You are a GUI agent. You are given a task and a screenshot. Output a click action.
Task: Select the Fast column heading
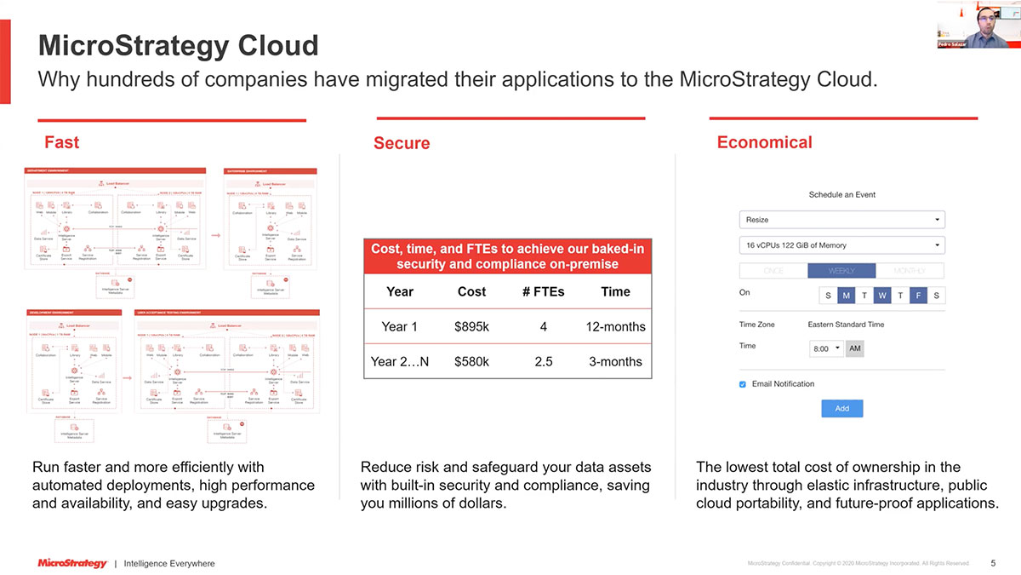point(61,142)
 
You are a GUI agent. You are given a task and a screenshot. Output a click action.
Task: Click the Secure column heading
point(402,143)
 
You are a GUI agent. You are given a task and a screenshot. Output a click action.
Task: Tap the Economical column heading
point(764,142)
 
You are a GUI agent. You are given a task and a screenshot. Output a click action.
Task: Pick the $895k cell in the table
point(471,327)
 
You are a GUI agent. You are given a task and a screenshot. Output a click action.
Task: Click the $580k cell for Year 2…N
point(471,361)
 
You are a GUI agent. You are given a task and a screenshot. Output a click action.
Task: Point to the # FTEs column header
point(544,291)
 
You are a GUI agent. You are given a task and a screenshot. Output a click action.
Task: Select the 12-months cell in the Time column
point(615,327)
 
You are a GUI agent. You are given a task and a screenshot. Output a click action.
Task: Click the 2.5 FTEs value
point(544,361)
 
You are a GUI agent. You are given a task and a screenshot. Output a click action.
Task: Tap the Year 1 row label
point(400,327)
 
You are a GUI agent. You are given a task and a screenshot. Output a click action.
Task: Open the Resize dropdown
point(841,220)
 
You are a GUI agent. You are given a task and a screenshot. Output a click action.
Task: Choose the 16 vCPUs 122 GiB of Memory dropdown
point(841,245)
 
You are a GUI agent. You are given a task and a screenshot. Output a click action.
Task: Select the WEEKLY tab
point(841,271)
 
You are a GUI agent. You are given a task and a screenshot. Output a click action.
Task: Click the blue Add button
point(841,408)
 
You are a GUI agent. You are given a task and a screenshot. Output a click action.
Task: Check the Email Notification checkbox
point(743,384)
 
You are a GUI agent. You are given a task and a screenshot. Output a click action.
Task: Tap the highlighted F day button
point(918,296)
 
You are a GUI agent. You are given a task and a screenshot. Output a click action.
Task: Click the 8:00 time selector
point(826,349)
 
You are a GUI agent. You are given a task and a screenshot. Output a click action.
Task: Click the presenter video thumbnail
point(978,24)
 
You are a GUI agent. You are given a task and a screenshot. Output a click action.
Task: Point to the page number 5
point(993,563)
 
